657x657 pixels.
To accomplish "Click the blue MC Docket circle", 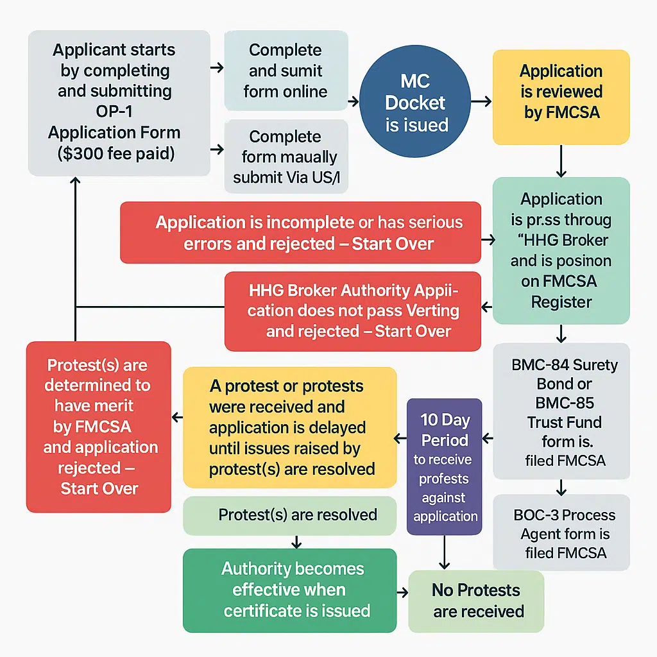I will pyautogui.click(x=416, y=103).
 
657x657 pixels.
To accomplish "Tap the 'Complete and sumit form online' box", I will pyautogui.click(x=286, y=71).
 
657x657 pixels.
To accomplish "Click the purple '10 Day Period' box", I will pyautogui.click(x=445, y=466).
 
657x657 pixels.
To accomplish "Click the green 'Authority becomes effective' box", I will pyautogui.click(x=289, y=590).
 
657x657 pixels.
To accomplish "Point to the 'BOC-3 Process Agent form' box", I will pyautogui.click(x=561, y=533).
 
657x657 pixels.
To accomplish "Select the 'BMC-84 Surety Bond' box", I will pyautogui.click(x=561, y=411).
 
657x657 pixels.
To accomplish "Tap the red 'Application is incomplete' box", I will pyautogui.click(x=300, y=232).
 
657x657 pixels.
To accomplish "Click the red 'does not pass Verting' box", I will pyautogui.click(x=353, y=311).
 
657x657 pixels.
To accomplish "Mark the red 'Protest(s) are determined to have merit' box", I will pyautogui.click(x=98, y=427).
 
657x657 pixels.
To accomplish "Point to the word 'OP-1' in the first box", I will pyautogui.click(x=114, y=112).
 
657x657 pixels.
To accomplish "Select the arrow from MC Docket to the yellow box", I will pyautogui.click(x=481, y=101).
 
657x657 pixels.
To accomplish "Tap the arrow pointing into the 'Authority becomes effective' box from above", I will pyautogui.click(x=296, y=542).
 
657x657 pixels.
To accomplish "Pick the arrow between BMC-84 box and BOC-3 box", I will pyautogui.click(x=561, y=487).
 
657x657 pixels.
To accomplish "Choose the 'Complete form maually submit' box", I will pyautogui.click(x=286, y=157).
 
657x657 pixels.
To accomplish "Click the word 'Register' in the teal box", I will pyautogui.click(x=561, y=302).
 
